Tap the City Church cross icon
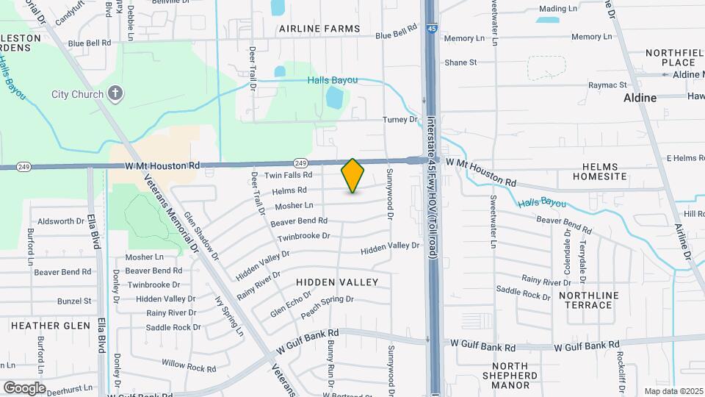[x=115, y=93]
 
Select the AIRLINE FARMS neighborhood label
[x=319, y=29]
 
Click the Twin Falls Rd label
[x=289, y=175]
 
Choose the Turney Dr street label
[x=399, y=120]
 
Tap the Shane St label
[x=460, y=62]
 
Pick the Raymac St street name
[x=611, y=86]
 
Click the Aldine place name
[x=640, y=97]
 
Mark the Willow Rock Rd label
[x=184, y=365]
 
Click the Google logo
[x=24, y=388]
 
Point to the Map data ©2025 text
[x=673, y=391]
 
